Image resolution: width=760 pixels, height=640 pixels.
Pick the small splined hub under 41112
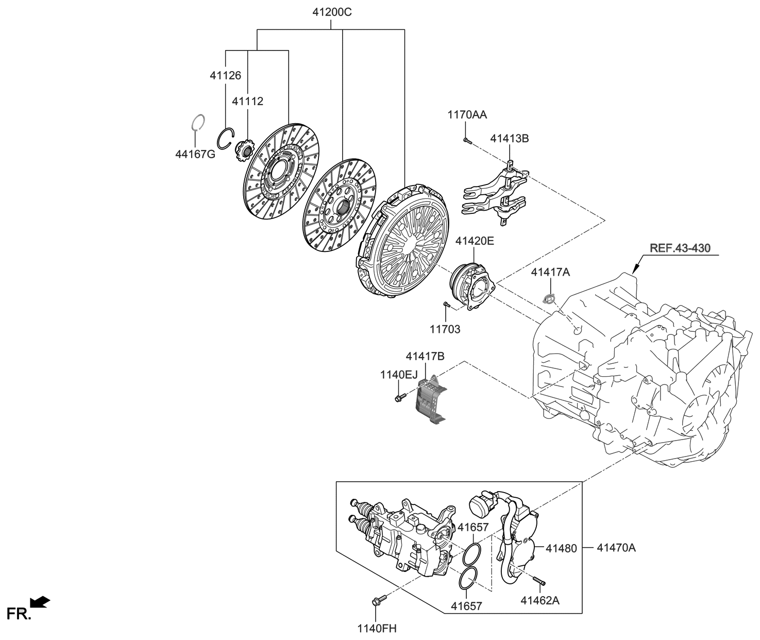coord(244,150)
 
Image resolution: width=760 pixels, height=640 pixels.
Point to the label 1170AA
coord(467,114)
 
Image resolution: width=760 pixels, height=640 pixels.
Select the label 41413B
coord(510,139)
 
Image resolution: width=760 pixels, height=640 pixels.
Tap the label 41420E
coord(475,240)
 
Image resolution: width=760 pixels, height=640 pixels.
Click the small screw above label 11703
coord(446,306)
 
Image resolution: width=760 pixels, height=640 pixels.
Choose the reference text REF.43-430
coord(680,248)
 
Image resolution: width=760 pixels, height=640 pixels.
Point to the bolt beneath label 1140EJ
coord(400,397)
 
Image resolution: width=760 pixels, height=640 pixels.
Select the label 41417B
coord(425,356)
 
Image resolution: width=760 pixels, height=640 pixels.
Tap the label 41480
coord(561,549)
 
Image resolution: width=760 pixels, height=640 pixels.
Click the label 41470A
coord(616,548)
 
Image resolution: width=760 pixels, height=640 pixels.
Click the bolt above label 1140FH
coord(376,601)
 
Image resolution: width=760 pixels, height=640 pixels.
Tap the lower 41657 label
coord(466,606)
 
